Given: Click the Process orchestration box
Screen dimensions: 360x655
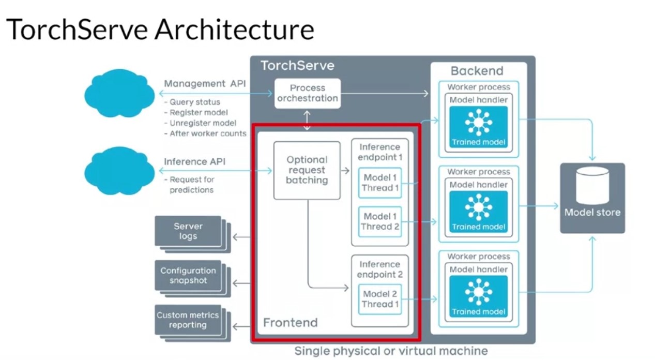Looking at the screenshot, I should [x=307, y=93].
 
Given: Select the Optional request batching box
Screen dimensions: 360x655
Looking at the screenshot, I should [x=307, y=170].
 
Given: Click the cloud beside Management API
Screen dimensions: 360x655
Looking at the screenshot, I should [x=119, y=93].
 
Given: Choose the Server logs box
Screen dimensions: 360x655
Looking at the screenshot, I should [x=188, y=231].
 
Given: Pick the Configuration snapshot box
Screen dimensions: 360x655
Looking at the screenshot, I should [x=188, y=276].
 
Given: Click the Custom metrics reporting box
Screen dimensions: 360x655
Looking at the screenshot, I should [x=188, y=320].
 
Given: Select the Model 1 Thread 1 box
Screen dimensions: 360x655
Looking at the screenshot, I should [x=380, y=183].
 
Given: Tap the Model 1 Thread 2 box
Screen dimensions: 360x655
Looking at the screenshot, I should [x=380, y=221].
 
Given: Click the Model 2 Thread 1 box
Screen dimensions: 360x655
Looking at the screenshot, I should [x=380, y=299].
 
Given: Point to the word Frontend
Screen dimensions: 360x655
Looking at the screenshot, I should [x=291, y=323].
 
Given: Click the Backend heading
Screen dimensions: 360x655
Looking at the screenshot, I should [x=477, y=71].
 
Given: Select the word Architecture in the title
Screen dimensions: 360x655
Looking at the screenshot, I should [x=234, y=29].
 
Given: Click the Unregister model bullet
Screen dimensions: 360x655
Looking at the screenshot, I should [x=203, y=123].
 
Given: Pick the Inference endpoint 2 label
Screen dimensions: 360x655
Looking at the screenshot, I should [x=380, y=269].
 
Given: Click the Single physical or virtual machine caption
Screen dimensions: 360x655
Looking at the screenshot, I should [x=391, y=351].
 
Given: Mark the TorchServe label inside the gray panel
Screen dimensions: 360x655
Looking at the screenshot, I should [x=297, y=66].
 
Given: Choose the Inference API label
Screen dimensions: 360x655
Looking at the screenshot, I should [x=194, y=162].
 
